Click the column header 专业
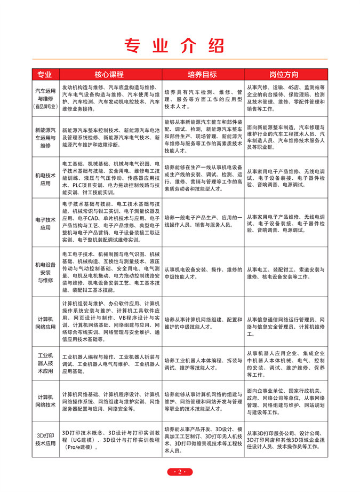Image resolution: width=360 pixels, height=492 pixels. click(45, 74)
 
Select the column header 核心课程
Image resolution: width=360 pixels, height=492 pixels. click(109, 74)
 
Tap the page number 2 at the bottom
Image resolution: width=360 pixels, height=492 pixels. click(180, 472)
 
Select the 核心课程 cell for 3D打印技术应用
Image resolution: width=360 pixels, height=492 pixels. click(108, 439)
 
